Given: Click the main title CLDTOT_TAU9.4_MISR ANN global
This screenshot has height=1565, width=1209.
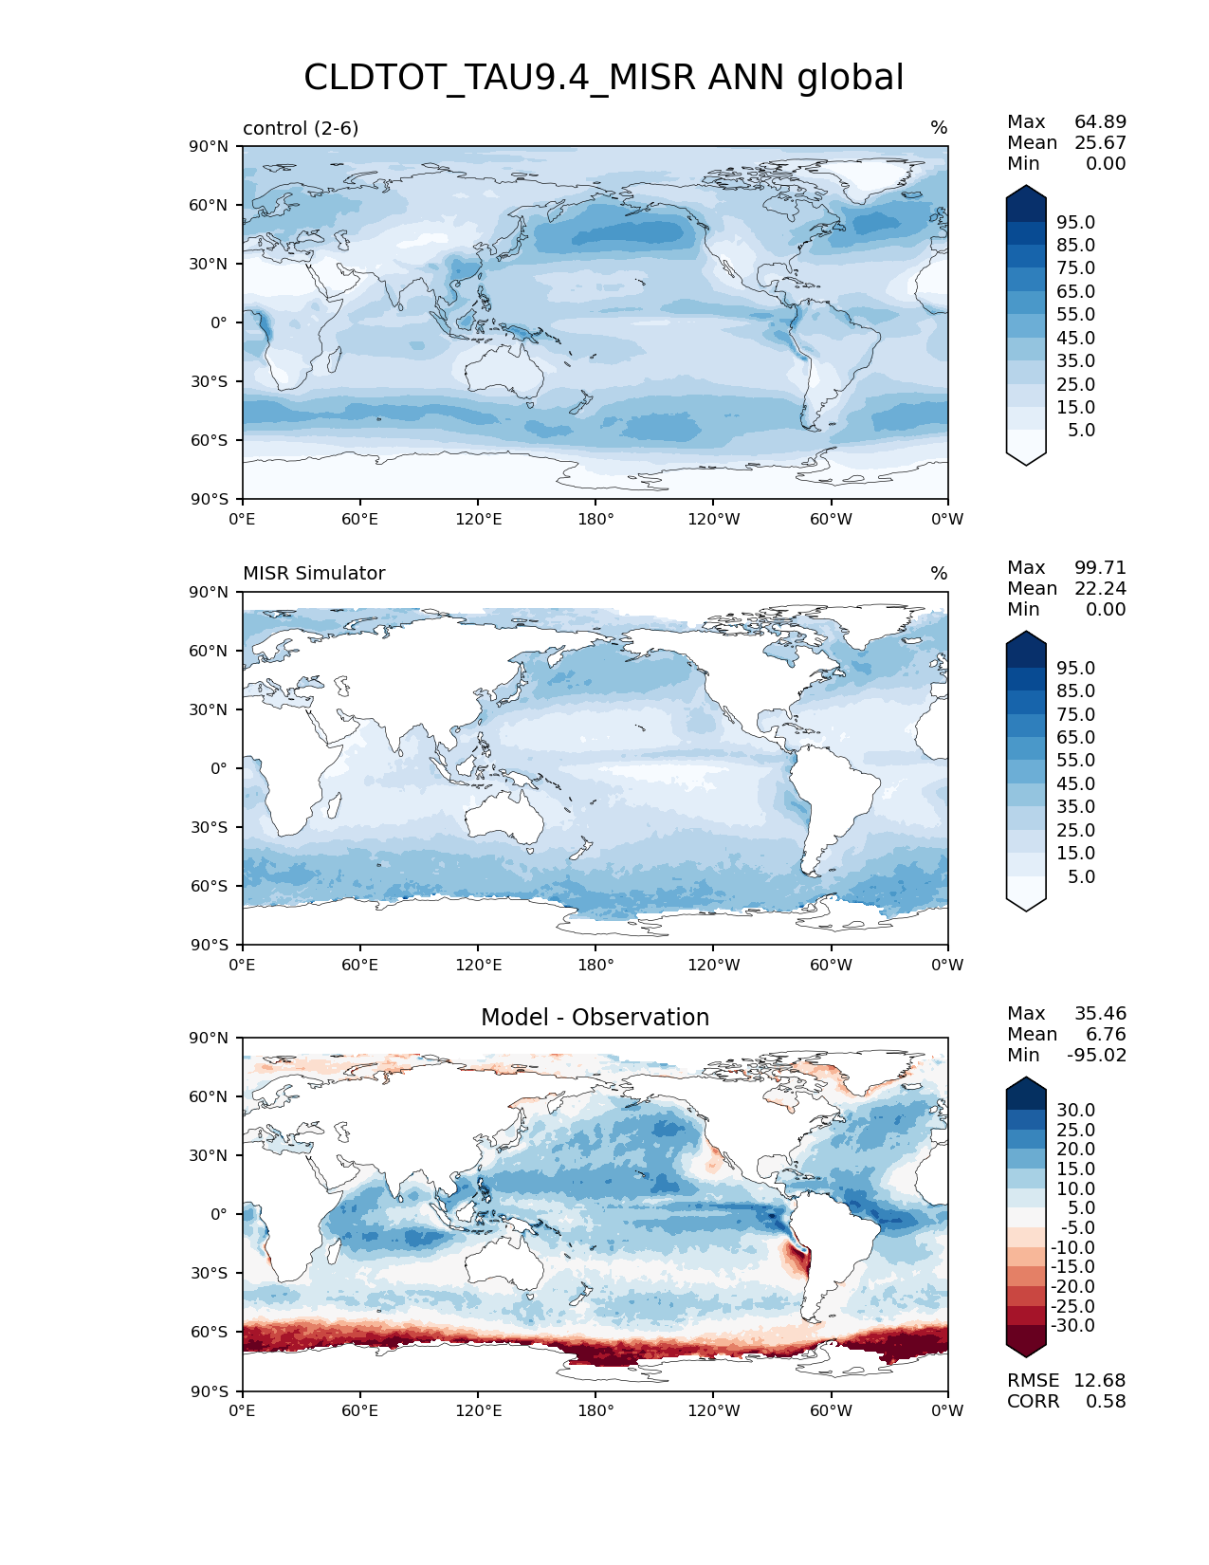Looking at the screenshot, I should tap(603, 78).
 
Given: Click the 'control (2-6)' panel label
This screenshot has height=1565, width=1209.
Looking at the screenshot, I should tap(301, 128).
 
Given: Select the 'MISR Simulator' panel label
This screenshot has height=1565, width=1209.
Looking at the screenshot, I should tap(314, 574).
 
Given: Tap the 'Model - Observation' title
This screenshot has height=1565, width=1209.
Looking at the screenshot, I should tap(595, 1018).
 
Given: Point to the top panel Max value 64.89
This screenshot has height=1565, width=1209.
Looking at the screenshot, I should tap(1100, 122).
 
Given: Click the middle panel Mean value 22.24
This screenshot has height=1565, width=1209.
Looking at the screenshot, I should tap(1100, 589).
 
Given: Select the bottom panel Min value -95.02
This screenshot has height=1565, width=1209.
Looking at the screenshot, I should tap(1096, 1056).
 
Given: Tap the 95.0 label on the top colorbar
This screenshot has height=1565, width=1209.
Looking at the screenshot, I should tap(1075, 223).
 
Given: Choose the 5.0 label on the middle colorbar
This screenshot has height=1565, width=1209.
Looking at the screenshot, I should tap(1081, 877).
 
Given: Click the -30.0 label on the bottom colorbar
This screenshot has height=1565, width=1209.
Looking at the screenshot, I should tap(1072, 1326).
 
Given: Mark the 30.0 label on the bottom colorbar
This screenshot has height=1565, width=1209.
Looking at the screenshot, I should tap(1075, 1111).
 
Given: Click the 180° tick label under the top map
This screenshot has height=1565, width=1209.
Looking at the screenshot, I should tap(595, 520).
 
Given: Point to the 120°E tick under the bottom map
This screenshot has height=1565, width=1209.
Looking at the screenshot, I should tap(478, 1411).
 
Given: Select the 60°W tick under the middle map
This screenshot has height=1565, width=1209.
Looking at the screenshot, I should tap(831, 966).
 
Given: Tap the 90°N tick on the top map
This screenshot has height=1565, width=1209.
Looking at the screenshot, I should tap(210, 147).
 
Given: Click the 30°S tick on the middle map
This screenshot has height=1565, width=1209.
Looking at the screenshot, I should tap(210, 828).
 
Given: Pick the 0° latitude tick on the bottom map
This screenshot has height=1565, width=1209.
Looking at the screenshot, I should tap(219, 1215).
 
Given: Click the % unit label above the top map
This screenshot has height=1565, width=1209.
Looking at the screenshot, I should tap(939, 128).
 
